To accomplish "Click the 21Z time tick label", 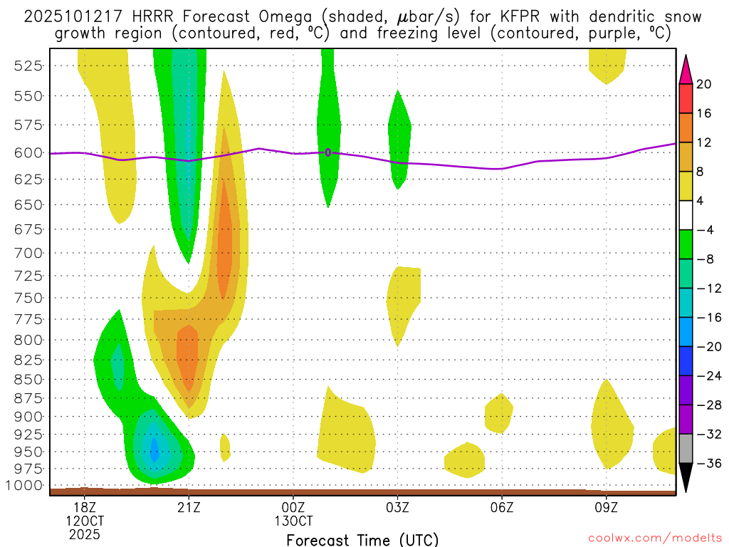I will tap(189, 507).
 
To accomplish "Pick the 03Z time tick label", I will tap(397, 507).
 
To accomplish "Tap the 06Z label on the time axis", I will tap(502, 507).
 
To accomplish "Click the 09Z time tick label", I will tap(606, 507).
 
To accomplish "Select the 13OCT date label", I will tap(293, 521).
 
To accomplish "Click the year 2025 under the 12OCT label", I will tap(85, 534).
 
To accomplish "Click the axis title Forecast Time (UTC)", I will tap(362, 540).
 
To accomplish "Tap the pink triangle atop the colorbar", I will tap(686, 69).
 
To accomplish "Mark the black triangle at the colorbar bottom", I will tap(686, 478).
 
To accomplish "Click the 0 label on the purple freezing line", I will tap(327, 152).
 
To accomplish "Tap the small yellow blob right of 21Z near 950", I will tap(225, 447).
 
